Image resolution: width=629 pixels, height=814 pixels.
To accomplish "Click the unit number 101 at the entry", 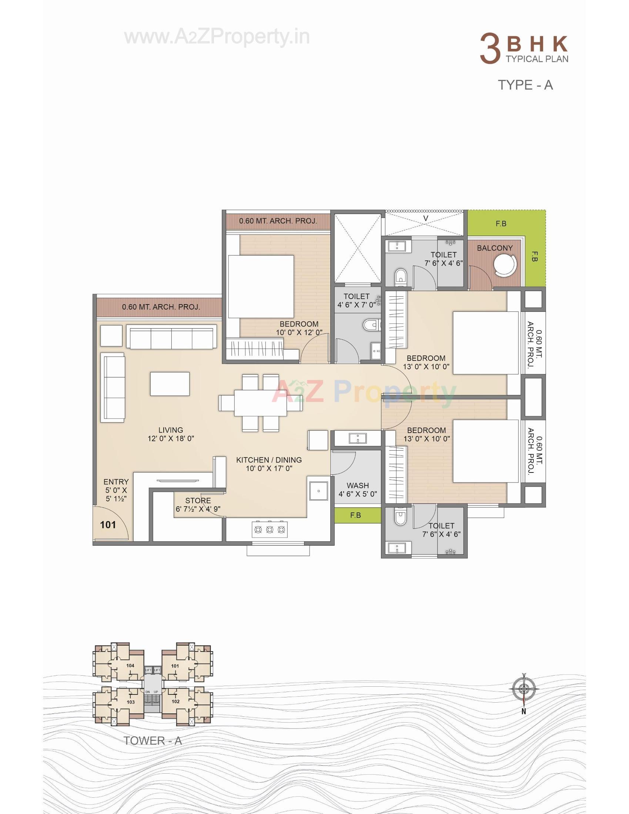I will pos(108,525).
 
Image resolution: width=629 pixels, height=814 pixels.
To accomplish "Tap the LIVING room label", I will pos(171,430).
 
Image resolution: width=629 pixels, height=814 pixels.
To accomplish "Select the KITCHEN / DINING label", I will pos(269,460).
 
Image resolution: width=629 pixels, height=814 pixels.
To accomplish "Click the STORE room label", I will pos(198,501).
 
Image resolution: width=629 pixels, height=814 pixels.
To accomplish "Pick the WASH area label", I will pos(358,485).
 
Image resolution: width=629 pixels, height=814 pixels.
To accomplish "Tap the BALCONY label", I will pos(495,248).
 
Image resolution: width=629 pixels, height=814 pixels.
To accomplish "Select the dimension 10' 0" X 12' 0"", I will pos(299,333).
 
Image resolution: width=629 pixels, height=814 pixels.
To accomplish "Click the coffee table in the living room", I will pos(170,384).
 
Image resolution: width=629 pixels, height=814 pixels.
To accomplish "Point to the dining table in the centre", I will pos(261,403).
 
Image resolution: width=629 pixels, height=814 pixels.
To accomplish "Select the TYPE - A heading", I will pos(525,85).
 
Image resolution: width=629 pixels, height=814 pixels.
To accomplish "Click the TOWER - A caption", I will pos(153,740).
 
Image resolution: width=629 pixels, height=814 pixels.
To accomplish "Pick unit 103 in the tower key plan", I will pos(130,702).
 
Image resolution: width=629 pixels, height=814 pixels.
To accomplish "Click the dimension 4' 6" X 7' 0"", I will pos(357,305).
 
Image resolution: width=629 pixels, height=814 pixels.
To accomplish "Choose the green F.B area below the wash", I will pos(356,515).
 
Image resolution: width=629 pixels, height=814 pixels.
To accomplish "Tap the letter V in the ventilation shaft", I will pos(426,218).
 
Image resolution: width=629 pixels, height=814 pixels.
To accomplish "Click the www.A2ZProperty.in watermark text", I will pos(217,37).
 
